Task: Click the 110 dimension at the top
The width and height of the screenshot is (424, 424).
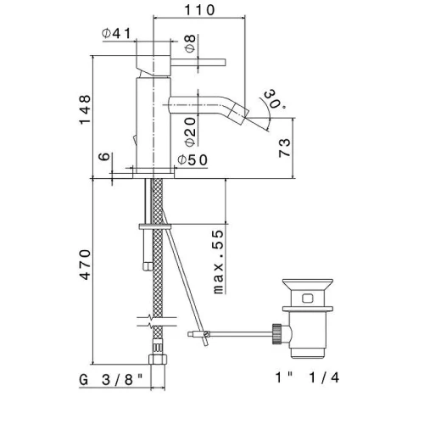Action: (199, 10)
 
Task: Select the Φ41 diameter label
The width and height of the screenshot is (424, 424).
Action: (116, 33)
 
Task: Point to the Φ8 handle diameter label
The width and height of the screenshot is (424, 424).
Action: (191, 43)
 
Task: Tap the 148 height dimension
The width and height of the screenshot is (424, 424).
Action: (85, 109)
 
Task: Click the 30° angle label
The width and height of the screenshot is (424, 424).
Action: (271, 99)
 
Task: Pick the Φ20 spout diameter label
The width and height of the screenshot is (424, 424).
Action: (191, 131)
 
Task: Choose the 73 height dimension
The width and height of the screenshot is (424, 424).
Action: (284, 148)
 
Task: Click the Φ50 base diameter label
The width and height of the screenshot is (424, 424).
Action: (192, 160)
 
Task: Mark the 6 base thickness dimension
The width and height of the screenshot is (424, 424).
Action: (104, 156)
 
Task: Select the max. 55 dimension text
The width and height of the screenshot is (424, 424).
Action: (218, 262)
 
